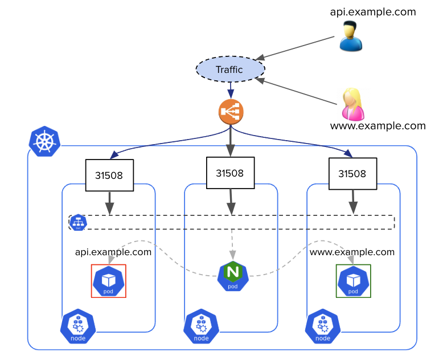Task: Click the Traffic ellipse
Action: pos(230,69)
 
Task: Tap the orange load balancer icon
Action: pos(231,112)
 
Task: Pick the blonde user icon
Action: pos(352,104)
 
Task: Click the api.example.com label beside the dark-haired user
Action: pos(373,11)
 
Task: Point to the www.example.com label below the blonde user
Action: pos(378,126)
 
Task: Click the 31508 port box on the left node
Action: pos(109,175)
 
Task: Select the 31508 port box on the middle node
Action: pos(230,173)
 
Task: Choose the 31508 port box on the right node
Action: pos(352,174)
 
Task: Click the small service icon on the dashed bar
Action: pos(78,222)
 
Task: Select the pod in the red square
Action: pos(108,281)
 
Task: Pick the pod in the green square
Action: pos(353,281)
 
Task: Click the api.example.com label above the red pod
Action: pos(113,252)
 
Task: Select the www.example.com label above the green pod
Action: pos(352,252)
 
